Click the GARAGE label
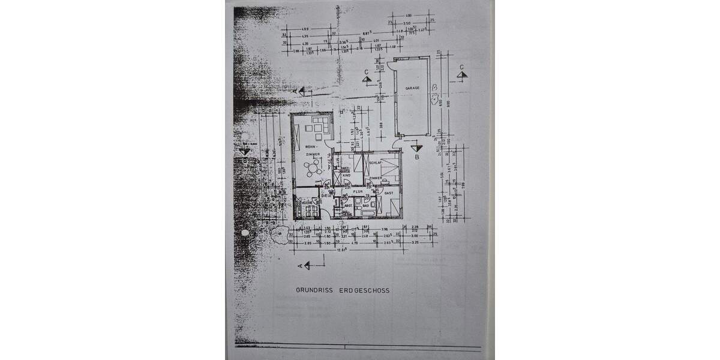click(412, 88)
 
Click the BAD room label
click(365, 205)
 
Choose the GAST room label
click(388, 193)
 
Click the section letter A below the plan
click(298, 265)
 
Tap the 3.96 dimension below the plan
click(385, 229)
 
